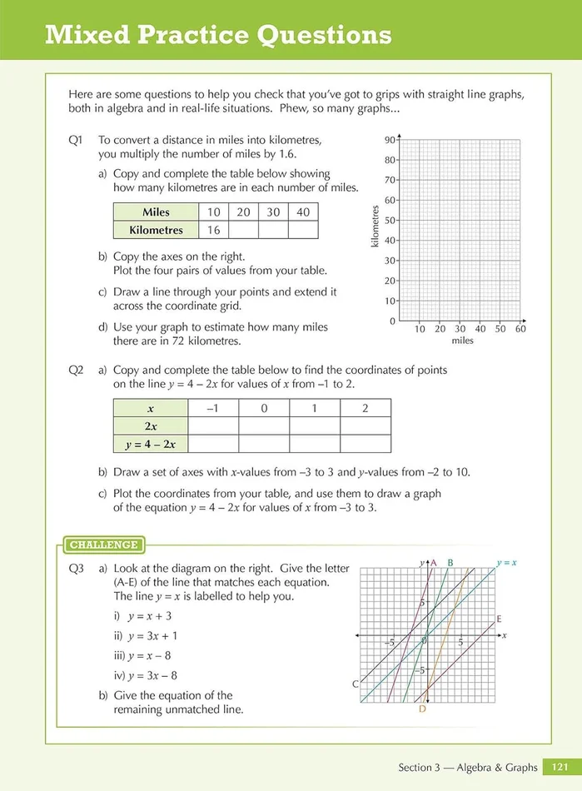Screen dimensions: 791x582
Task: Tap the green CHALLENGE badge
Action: coord(103,545)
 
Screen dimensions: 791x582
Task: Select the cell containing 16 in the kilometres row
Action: coord(214,230)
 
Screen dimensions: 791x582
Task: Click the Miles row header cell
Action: coord(156,212)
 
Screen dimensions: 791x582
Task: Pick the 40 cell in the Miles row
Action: coord(303,212)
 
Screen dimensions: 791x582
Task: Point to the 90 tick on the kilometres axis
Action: coord(390,140)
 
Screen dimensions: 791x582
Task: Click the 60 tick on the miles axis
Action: coord(520,329)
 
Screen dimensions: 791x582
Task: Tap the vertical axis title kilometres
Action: coord(376,226)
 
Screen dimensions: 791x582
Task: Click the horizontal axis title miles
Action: coord(462,341)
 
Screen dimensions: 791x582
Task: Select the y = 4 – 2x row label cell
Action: coord(150,444)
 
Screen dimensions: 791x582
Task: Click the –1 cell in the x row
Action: coord(213,408)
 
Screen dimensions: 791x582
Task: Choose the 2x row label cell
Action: coord(150,426)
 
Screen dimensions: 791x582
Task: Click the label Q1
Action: coord(77,141)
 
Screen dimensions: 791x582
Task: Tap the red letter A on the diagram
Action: coord(433,563)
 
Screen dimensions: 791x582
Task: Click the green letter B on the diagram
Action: coord(450,563)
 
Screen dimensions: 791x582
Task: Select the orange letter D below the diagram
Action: coord(422,709)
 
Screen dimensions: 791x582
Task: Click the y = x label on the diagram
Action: coord(506,563)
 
